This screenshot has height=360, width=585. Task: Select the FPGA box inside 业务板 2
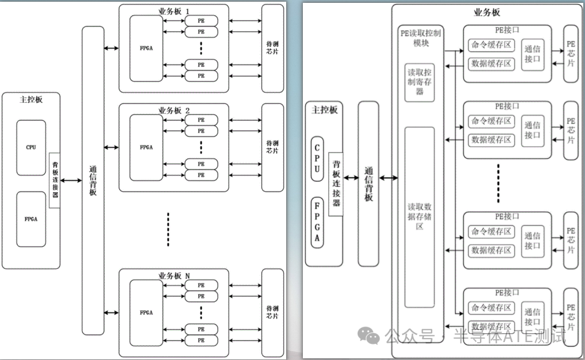[x=146, y=147]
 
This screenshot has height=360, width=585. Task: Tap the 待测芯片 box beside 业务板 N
[x=272, y=312]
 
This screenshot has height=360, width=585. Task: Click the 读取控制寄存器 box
[x=419, y=82]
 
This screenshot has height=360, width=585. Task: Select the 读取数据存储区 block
[x=419, y=216]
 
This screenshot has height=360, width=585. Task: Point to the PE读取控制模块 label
[x=421, y=38]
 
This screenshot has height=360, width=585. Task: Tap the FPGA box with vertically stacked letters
[x=317, y=222]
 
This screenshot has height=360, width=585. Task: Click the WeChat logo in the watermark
[x=367, y=335]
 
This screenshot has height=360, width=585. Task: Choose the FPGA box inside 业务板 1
[x=146, y=49]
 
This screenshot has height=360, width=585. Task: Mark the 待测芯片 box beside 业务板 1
[x=272, y=48]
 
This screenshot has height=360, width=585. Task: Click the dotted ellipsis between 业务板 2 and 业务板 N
[x=168, y=229]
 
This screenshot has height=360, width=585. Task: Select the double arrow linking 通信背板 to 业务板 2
[x=111, y=148]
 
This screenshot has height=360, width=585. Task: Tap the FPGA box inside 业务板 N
[x=146, y=312]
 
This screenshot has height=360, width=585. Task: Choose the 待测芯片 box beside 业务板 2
[x=272, y=147]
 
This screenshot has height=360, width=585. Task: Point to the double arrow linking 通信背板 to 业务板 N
[x=111, y=312]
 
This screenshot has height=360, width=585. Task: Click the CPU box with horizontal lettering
[x=31, y=147]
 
